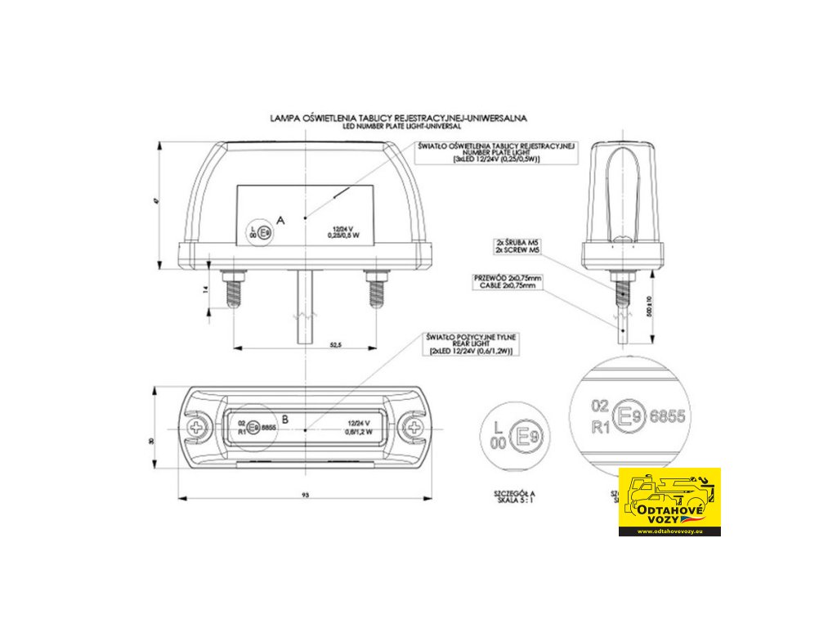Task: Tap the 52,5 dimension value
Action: pyautogui.click(x=336, y=346)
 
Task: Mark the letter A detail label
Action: pyautogui.click(x=280, y=221)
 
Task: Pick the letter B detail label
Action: pyautogui.click(x=284, y=419)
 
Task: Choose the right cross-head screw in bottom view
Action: pyautogui.click(x=415, y=428)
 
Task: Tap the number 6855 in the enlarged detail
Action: pyautogui.click(x=668, y=415)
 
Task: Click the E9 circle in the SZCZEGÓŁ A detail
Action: pyautogui.click(x=526, y=439)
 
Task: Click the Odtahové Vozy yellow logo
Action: pyautogui.click(x=669, y=501)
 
